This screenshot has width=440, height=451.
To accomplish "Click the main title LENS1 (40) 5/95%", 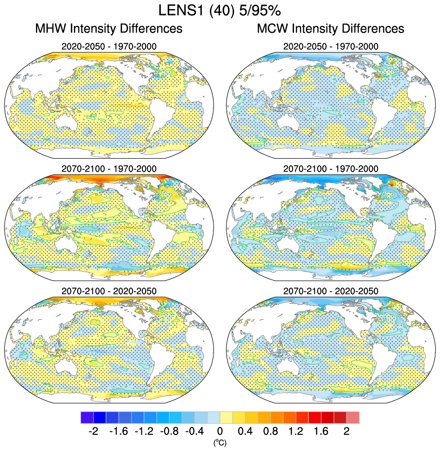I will (220, 10).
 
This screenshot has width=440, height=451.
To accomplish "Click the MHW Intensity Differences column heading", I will (109, 28).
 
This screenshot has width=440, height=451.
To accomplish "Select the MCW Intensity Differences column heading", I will (330, 28).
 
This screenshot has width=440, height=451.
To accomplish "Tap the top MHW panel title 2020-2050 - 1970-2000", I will (109, 46).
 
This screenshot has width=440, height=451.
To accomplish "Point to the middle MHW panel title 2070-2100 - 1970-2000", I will (109, 169).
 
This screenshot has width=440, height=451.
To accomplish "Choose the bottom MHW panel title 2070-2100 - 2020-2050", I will (109, 291).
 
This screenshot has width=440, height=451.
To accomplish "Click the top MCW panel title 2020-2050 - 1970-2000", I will (330, 46).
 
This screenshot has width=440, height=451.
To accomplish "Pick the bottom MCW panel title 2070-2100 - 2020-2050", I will (330, 291).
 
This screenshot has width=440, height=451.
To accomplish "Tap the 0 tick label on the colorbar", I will (220, 431).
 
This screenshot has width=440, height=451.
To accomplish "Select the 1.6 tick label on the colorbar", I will (321, 431).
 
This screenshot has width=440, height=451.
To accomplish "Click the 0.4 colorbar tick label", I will (245, 431).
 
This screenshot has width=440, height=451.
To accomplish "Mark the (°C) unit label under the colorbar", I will (220, 442).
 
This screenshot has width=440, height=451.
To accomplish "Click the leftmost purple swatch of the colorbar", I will (87, 417).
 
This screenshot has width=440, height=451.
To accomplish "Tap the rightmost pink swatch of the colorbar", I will (353, 417).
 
